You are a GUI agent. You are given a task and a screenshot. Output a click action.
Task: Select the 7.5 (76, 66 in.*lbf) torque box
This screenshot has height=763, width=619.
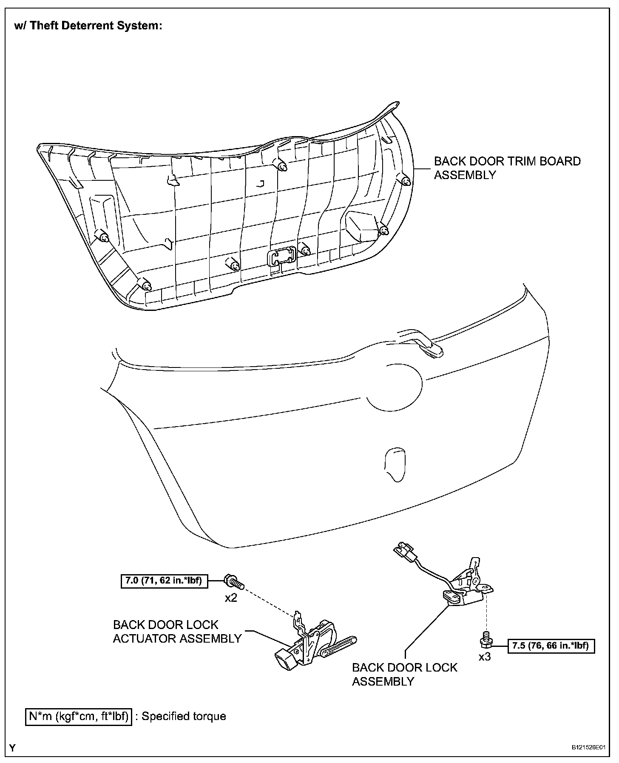pyautogui.click(x=551, y=646)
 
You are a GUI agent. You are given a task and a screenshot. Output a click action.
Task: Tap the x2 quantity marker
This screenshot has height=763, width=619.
pyautogui.click(x=231, y=598)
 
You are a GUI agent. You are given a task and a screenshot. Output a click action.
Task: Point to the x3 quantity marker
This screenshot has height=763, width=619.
pyautogui.click(x=485, y=657)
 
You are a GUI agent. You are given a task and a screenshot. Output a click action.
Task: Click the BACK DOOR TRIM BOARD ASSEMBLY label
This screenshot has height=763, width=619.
pyautogui.click(x=507, y=168)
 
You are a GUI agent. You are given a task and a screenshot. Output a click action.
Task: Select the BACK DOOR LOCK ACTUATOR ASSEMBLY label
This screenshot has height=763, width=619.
pyautogui.click(x=177, y=632)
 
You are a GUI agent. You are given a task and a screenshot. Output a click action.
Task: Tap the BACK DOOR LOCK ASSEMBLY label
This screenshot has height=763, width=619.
pyautogui.click(x=404, y=674)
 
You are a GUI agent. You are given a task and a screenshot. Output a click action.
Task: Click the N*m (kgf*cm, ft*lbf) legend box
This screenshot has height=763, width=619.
pyautogui.click(x=79, y=716)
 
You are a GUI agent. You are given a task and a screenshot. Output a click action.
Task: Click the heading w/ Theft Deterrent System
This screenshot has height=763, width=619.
pyautogui.click(x=88, y=26)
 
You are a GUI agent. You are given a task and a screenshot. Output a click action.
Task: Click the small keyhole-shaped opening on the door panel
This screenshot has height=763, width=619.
pyautogui.click(x=394, y=464)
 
